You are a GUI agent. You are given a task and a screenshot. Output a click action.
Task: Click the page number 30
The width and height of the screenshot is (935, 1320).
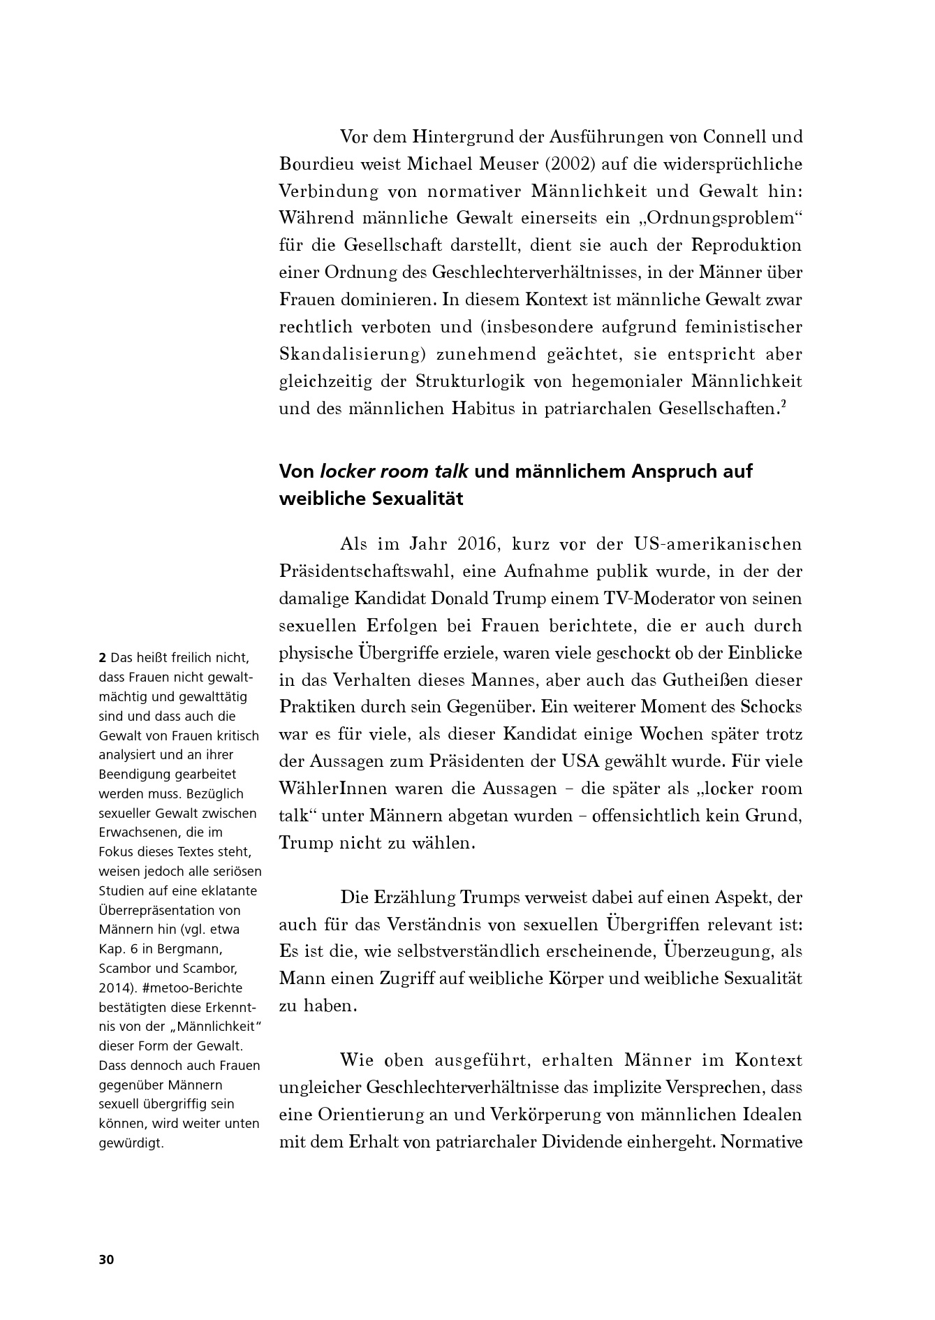point(106,1260)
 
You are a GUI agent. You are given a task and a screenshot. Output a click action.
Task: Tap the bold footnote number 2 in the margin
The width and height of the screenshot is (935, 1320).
point(103,657)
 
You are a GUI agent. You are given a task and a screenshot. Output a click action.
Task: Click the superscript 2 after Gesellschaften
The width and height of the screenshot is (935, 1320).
point(783,404)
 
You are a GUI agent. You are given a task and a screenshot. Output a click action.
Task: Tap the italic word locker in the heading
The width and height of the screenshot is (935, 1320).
point(346,471)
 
